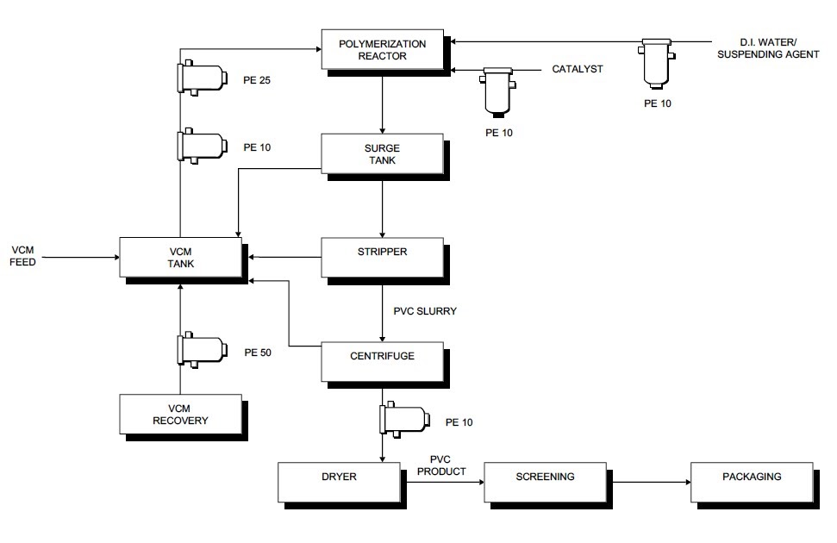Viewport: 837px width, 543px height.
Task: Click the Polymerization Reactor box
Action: [383, 49]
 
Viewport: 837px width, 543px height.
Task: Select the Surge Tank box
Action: [383, 153]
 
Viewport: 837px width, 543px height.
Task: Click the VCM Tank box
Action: [180, 258]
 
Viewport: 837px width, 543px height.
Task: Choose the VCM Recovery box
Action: [180, 414]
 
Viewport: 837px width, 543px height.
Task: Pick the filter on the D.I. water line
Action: [657, 61]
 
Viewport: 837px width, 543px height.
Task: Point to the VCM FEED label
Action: [22, 255]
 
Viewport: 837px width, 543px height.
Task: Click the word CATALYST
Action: [578, 70]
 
